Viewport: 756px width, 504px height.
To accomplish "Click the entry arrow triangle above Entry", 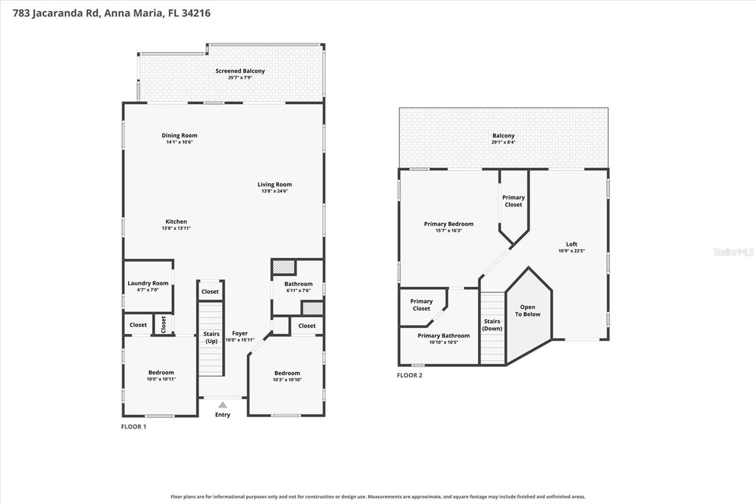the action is point(223,405).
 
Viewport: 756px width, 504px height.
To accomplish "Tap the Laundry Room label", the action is point(148,283).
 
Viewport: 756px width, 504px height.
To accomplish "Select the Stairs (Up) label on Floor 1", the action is point(212,337).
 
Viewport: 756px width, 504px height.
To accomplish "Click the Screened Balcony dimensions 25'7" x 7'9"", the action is point(240,78).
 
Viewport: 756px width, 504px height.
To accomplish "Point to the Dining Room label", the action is point(179,136).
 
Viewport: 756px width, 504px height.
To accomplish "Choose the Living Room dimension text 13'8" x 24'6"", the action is point(275,191).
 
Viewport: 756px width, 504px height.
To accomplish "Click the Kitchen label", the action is point(176,222).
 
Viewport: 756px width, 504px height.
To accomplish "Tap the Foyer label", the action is point(240,333).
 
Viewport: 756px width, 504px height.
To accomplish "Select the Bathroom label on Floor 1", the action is point(298,284).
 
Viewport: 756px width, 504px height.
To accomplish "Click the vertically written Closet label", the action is point(163,325).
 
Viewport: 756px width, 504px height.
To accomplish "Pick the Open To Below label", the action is point(527,311).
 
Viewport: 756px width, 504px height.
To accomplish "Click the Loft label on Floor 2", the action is point(571,244).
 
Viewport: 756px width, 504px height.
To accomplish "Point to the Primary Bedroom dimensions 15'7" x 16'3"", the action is point(448,230).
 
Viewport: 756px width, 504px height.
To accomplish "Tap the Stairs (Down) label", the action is point(492,325).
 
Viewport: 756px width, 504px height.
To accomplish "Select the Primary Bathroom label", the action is point(444,335).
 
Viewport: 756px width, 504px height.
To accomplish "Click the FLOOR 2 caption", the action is point(409,375).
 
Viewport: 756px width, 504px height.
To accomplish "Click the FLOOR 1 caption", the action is point(134,426).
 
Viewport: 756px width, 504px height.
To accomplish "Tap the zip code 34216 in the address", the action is point(196,13).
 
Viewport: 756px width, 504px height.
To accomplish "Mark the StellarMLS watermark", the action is point(734,252).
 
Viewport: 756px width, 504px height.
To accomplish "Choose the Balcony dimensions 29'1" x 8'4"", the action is point(503,142).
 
